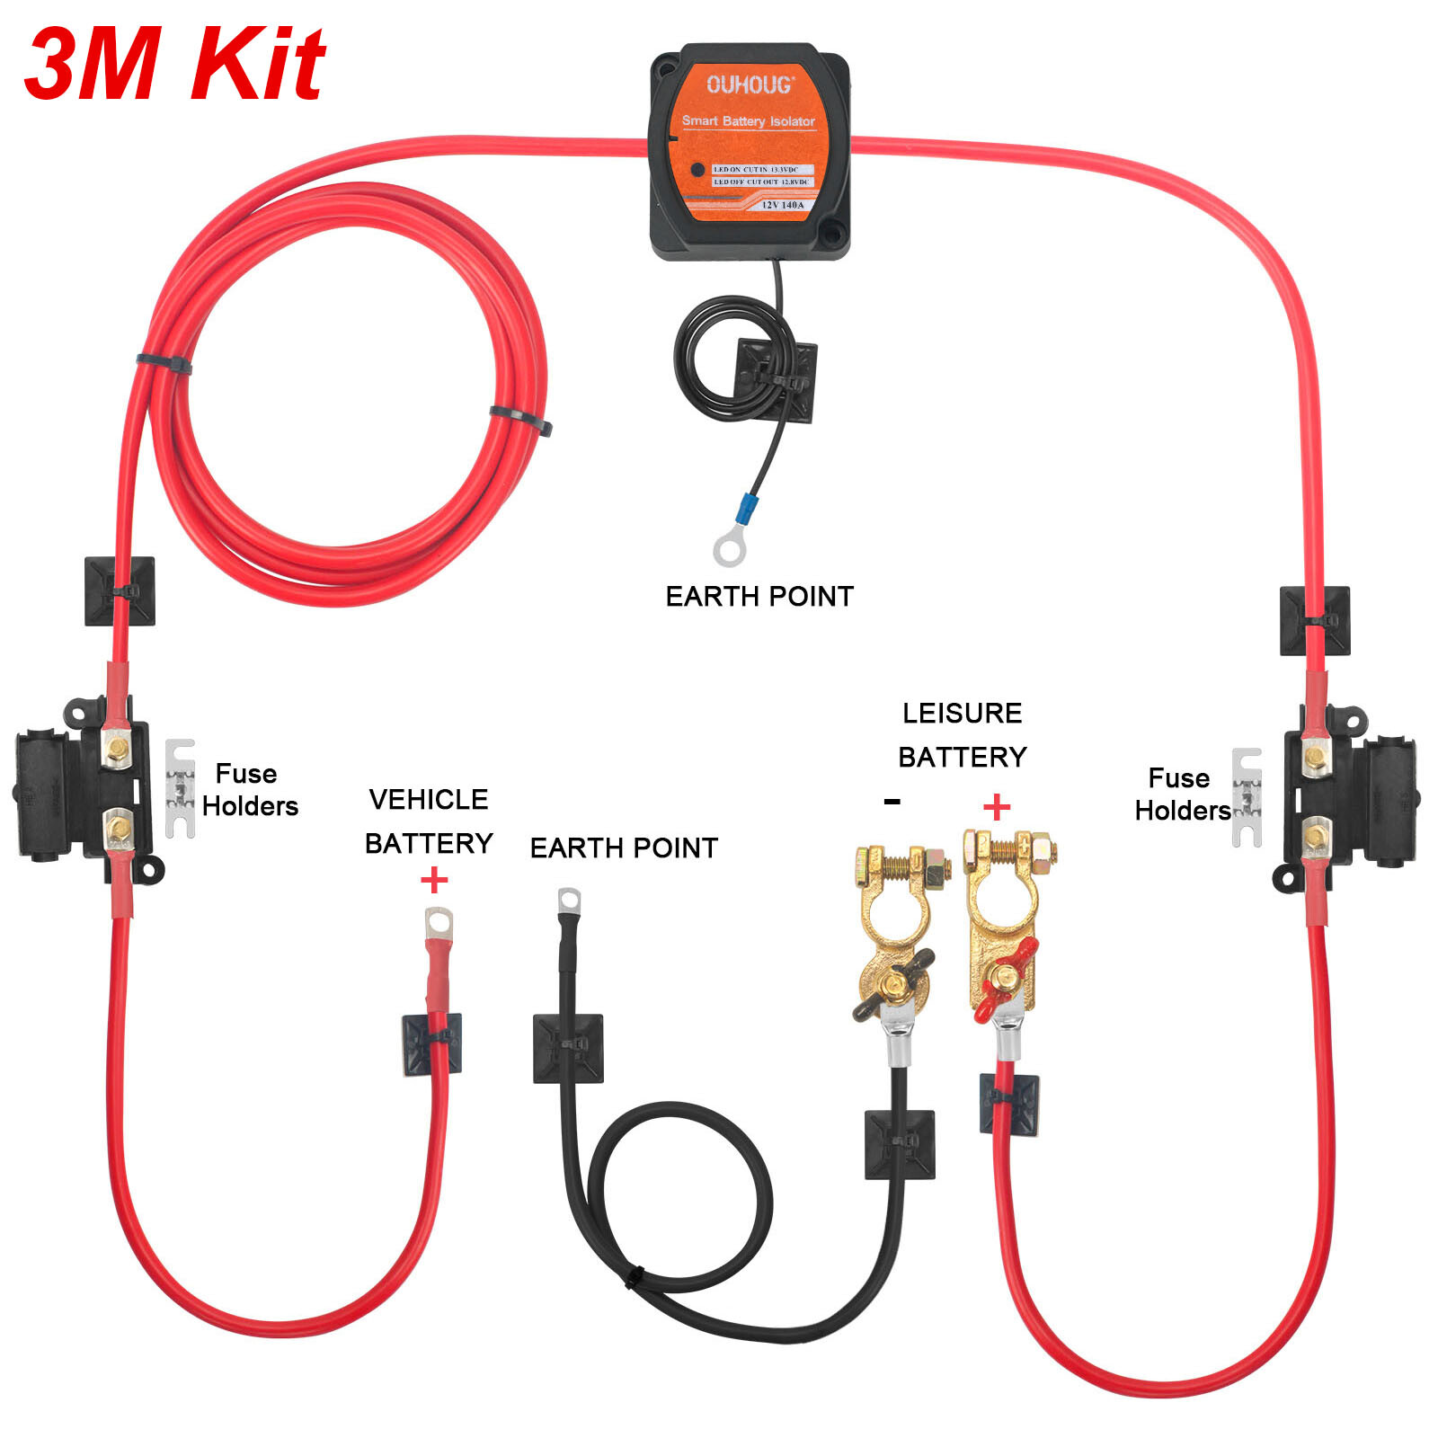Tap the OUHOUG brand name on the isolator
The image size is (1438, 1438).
point(750,85)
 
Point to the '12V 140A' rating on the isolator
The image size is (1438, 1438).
point(782,205)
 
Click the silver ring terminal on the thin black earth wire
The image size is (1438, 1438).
point(729,548)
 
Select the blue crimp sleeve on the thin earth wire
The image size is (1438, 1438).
point(746,510)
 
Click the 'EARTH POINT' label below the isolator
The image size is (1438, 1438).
point(759,596)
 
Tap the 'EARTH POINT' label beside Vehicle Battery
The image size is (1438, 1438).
point(624,848)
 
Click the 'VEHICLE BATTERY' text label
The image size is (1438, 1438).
point(429,821)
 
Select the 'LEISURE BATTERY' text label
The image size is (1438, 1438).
point(962,734)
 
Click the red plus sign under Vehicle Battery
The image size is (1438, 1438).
point(434,879)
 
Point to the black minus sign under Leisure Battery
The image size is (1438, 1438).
point(892,801)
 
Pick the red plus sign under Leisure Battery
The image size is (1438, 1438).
point(996,806)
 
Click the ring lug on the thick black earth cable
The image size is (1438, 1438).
point(569,901)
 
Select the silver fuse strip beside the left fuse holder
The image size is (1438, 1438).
point(180,788)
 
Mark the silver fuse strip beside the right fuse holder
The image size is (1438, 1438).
point(1247,797)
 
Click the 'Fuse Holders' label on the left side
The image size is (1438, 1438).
point(249,789)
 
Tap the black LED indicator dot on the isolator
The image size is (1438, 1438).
point(697,169)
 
